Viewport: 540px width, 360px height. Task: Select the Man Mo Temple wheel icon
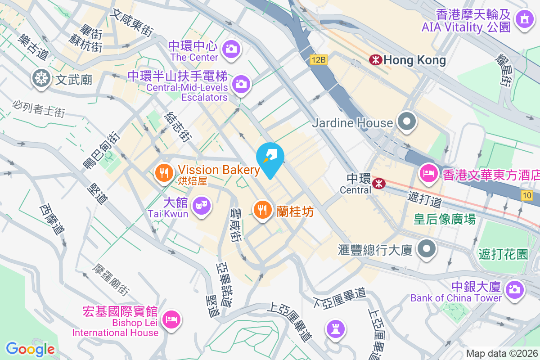(x=41, y=78)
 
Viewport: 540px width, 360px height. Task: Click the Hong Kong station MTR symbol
(x=375, y=59)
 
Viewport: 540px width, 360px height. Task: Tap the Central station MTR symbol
(x=378, y=183)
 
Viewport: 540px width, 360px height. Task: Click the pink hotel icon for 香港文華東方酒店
(x=428, y=173)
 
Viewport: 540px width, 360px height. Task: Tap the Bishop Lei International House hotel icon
(x=171, y=319)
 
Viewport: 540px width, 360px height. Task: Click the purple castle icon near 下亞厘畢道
(x=336, y=328)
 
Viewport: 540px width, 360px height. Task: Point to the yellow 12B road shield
(x=318, y=59)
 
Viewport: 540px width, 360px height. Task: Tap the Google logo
(x=30, y=349)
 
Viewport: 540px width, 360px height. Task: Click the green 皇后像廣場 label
(x=445, y=219)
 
